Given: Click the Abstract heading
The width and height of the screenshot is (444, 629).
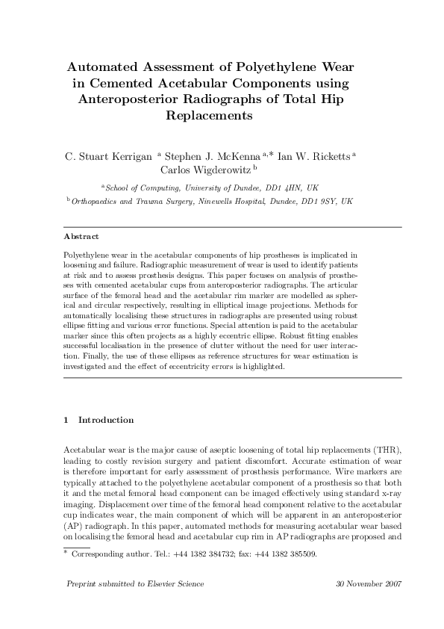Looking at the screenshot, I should click(x=81, y=236).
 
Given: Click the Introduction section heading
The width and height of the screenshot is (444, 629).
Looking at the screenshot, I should click(x=106, y=420).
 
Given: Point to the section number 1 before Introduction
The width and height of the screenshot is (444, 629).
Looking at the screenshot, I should click(x=67, y=420).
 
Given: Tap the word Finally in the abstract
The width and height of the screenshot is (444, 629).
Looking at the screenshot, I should click(x=77, y=357).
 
